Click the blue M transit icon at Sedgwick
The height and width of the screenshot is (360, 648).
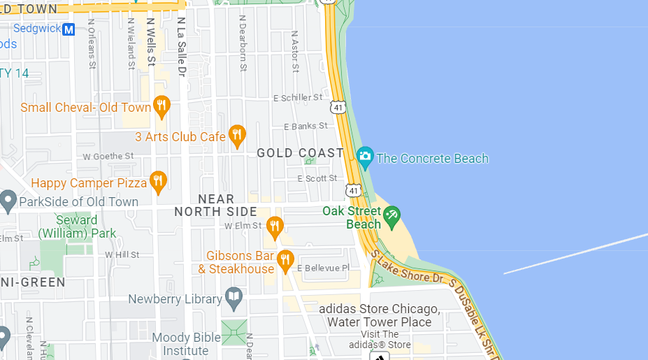pyautogui.click(x=69, y=29)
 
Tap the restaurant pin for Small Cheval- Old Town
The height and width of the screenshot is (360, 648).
pyautogui.click(x=161, y=106)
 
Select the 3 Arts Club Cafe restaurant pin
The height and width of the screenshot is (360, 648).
pyautogui.click(x=237, y=136)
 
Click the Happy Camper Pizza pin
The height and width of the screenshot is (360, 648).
pyautogui.click(x=159, y=182)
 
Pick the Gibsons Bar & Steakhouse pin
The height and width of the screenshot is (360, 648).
pyautogui.click(x=285, y=260)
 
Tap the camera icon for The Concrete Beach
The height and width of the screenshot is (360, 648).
pyautogui.click(x=364, y=157)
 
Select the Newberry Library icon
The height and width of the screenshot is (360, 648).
pyautogui.click(x=234, y=298)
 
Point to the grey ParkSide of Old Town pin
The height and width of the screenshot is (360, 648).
pyautogui.click(x=8, y=201)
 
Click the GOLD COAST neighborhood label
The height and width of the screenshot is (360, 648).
pyautogui.click(x=301, y=152)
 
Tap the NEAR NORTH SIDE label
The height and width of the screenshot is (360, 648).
pyautogui.click(x=215, y=206)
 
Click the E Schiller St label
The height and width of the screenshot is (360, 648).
pyautogui.click(x=298, y=98)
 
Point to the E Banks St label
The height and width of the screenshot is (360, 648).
pyautogui.click(x=305, y=127)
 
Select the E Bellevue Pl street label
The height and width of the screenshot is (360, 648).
pyautogui.click(x=323, y=268)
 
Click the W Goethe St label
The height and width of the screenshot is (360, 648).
pyautogui.click(x=108, y=157)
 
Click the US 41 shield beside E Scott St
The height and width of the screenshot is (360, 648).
pyautogui.click(x=353, y=189)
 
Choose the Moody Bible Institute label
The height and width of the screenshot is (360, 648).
pyautogui.click(x=187, y=344)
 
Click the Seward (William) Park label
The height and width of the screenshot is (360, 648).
pyautogui.click(x=77, y=226)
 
